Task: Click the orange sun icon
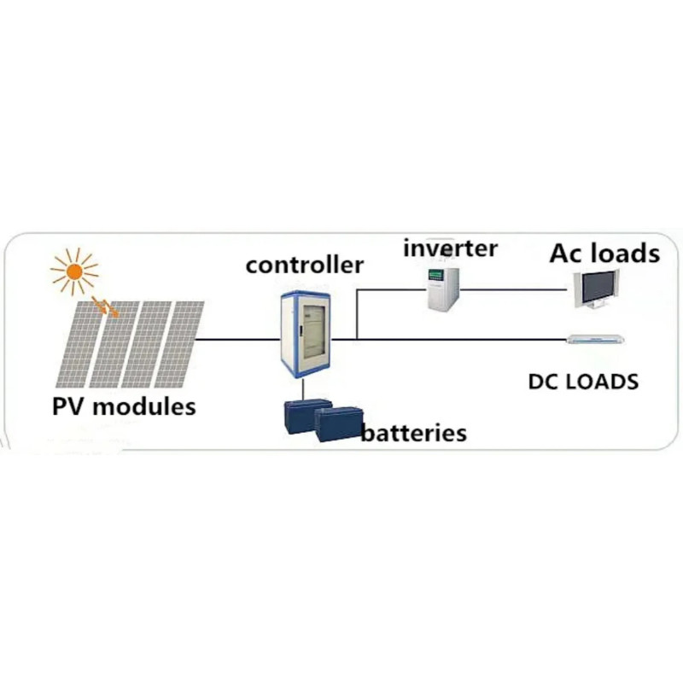(74, 271)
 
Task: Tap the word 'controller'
(305, 265)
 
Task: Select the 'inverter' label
(451, 248)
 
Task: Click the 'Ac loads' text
(604, 253)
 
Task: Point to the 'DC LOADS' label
(583, 382)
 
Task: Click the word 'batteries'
(414, 433)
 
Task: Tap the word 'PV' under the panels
(67, 406)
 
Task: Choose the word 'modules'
(144, 406)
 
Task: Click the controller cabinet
(306, 335)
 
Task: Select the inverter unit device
(442, 289)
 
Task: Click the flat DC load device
(595, 339)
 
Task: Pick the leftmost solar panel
(80, 345)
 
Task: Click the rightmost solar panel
(179, 344)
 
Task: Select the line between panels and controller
(237, 339)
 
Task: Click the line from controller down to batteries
(304, 390)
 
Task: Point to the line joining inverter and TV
(513, 289)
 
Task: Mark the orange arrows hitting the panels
(105, 306)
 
